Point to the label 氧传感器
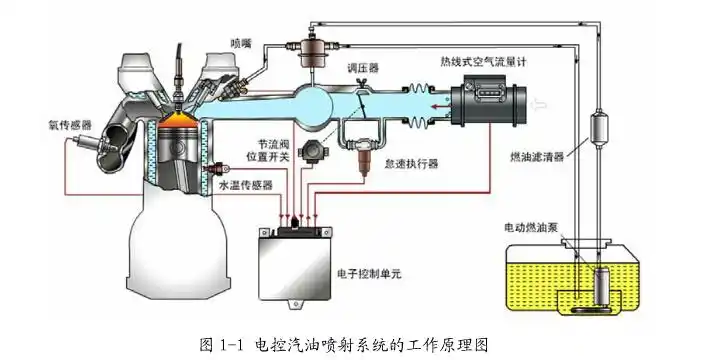[70, 125]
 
